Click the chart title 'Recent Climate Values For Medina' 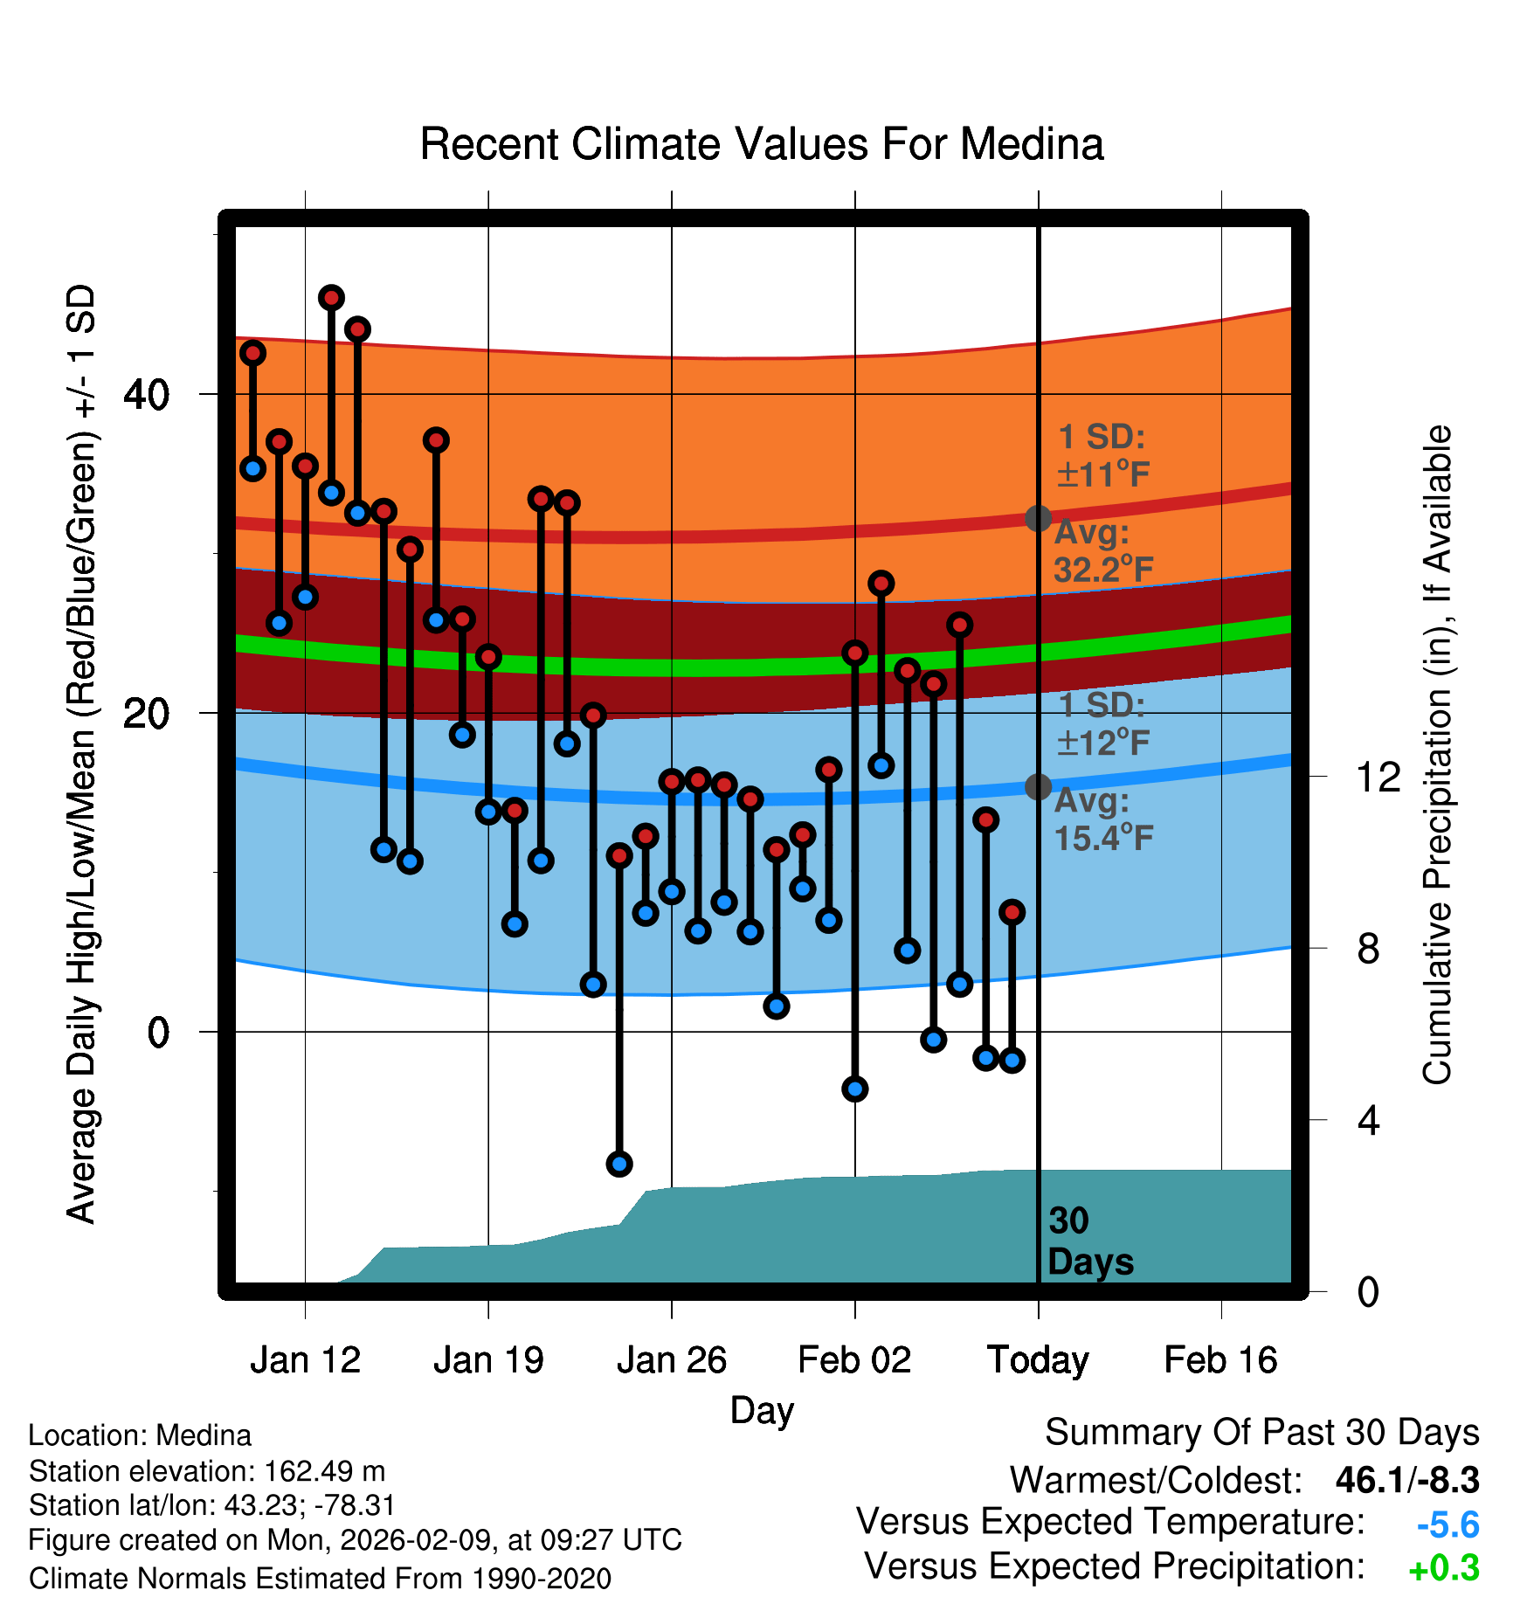pyautogui.click(x=762, y=144)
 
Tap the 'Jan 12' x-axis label pyautogui.click(x=305, y=1360)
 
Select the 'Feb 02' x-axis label pyautogui.click(x=854, y=1360)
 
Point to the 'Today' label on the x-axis pyautogui.click(x=1038, y=1360)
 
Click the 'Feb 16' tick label pyautogui.click(x=1220, y=1360)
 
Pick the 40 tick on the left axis pyautogui.click(x=146, y=394)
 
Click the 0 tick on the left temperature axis pyautogui.click(x=158, y=1032)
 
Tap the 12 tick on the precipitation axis pyautogui.click(x=1378, y=777)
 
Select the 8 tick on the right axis pyautogui.click(x=1368, y=948)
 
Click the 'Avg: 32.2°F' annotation pyautogui.click(x=1102, y=551)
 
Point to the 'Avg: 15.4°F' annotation pyautogui.click(x=1102, y=819)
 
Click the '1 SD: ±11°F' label pyautogui.click(x=1102, y=456)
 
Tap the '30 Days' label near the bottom pyautogui.click(x=1089, y=1241)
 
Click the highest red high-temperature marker pyautogui.click(x=331, y=298)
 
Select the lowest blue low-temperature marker pyautogui.click(x=619, y=1164)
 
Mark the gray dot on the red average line pyautogui.click(x=1038, y=518)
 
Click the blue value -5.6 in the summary pyautogui.click(x=1448, y=1525)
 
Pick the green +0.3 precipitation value pyautogui.click(x=1444, y=1569)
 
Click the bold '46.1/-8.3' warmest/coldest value pyautogui.click(x=1407, y=1480)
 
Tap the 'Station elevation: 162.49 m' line pyautogui.click(x=207, y=1471)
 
